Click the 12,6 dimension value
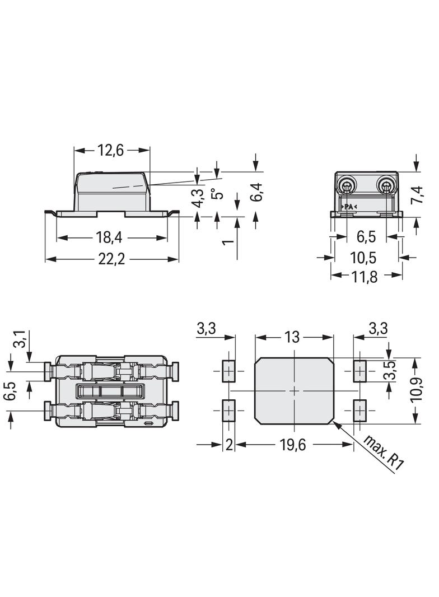coord(111,151)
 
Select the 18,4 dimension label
coord(109,238)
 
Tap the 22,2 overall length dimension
coord(111,259)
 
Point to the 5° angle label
coord(217,194)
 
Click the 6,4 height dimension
coord(257,192)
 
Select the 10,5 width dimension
coord(363,258)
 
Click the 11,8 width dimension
coord(365,277)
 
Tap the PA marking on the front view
coord(348,207)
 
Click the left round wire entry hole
coord(347,186)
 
